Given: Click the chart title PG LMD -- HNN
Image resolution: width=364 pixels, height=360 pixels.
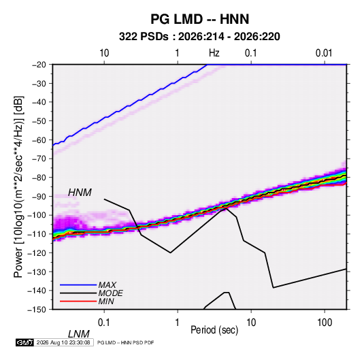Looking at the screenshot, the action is [x=199, y=19].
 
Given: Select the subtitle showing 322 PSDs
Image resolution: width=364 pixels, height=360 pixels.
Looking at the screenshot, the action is [x=199, y=37].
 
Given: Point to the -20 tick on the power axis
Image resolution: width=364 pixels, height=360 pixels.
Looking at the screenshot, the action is [x=39, y=65].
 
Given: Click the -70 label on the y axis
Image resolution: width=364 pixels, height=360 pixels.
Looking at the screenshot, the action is [x=39, y=159].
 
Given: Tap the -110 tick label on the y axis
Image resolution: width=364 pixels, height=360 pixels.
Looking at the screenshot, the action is [x=37, y=234].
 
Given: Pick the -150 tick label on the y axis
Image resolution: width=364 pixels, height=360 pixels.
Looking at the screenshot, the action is [x=37, y=310].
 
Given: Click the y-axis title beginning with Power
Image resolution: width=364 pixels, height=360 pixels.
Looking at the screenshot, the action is [x=18, y=187].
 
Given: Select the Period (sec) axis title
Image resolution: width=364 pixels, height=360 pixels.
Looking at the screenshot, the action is [x=214, y=330].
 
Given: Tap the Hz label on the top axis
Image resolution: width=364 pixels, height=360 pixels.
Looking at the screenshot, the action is [x=214, y=53].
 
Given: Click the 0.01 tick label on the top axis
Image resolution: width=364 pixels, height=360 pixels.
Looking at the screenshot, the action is [x=324, y=53].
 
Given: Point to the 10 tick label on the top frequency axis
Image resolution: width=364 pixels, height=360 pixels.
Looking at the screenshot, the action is [x=104, y=53].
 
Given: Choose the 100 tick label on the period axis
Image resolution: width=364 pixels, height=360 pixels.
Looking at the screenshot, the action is [x=325, y=323].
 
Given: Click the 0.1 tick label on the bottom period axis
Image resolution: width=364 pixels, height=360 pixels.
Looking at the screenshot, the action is [x=104, y=323].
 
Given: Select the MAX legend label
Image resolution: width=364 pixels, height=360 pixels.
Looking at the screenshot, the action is [x=107, y=285].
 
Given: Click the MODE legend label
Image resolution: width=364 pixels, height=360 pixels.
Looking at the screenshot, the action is [x=110, y=293].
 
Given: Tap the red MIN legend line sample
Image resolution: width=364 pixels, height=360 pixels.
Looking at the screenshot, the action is [x=78, y=301].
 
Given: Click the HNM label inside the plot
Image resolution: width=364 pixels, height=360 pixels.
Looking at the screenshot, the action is [x=80, y=193].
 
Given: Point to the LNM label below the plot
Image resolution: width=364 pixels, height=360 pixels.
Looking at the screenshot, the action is [x=79, y=334].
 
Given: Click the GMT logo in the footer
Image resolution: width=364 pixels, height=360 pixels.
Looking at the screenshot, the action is [x=24, y=342].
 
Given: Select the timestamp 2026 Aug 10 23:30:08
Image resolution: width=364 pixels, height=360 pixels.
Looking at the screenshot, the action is [x=63, y=342].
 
